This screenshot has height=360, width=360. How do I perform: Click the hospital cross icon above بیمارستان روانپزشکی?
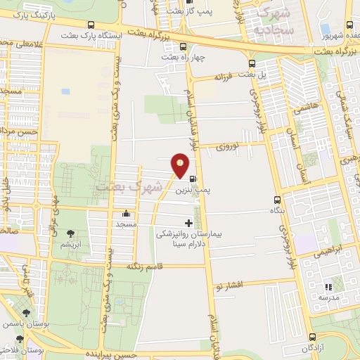[188, 223]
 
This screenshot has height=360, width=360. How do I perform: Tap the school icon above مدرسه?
[326, 287]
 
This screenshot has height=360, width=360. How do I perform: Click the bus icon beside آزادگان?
[302, 336]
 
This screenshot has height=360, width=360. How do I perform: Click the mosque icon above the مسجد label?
[127, 214]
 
